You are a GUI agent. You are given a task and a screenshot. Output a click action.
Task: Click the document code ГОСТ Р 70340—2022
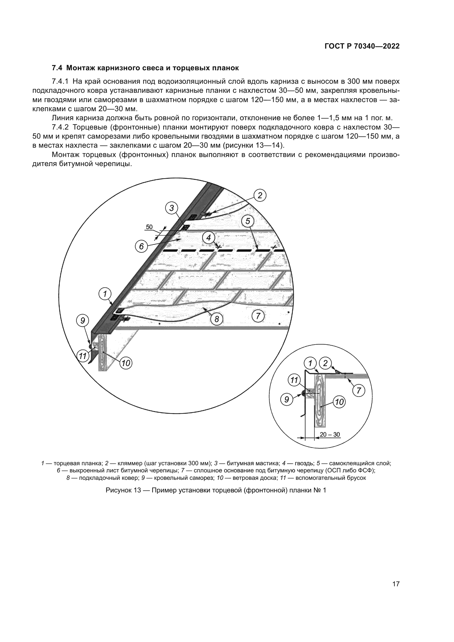pos(362,46)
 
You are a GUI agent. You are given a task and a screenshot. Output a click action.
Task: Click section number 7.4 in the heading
pos(58,68)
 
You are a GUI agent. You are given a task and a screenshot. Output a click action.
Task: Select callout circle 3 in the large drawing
pos(172,208)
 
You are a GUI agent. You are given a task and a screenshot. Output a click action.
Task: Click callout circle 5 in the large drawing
pos(248,221)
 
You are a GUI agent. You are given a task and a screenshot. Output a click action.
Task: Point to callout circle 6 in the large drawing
pos(141,246)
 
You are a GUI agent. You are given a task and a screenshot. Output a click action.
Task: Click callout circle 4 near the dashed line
pos(209,238)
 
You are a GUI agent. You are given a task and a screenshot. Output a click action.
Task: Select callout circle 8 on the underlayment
pos(217,319)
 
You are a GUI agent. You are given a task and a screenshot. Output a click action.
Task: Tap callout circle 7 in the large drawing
pos(258,316)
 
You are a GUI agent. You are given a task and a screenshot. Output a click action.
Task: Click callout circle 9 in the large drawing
pos(83,320)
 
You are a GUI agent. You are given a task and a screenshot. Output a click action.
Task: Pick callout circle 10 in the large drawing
pos(126,363)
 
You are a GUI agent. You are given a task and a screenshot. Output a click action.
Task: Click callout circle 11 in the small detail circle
pos(294,380)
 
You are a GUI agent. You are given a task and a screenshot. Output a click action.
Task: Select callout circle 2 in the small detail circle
pos(325,363)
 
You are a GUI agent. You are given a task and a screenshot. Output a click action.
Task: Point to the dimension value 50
pos(149,227)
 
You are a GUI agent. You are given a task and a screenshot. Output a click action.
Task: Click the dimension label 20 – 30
pos(330,434)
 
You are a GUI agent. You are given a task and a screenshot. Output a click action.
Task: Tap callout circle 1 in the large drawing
pos(105,294)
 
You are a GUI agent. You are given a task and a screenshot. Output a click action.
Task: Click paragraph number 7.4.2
pos(60,127)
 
